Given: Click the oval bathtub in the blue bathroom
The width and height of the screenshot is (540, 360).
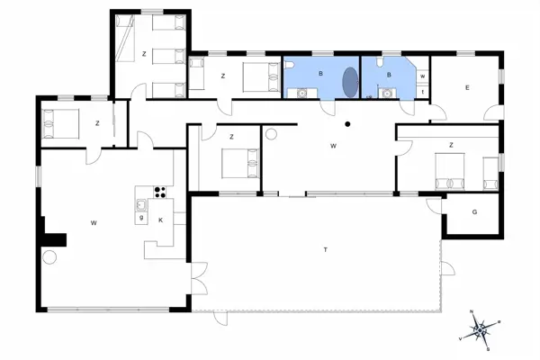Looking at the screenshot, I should [349, 79].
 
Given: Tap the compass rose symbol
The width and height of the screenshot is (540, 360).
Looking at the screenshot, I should [483, 328].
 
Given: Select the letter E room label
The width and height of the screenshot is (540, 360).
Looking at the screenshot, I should [468, 87].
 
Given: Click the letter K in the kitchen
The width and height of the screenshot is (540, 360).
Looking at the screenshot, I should [161, 220].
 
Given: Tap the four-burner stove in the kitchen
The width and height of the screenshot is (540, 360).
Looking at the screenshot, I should [160, 191].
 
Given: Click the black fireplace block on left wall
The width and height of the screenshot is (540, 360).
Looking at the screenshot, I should [55, 239].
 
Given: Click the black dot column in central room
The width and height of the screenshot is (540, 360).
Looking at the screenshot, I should [347, 124].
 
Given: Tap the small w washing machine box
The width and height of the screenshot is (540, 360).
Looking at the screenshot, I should [422, 76].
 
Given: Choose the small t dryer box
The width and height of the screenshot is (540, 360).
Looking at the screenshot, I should [422, 92].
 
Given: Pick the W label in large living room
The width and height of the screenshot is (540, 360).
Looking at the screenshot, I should [93, 220].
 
